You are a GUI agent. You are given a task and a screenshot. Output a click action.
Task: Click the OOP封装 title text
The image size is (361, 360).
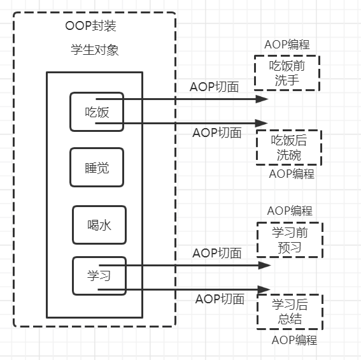90,27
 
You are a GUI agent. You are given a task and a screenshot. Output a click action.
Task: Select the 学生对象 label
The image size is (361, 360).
94,50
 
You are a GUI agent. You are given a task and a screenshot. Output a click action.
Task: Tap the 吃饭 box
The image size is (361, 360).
97,112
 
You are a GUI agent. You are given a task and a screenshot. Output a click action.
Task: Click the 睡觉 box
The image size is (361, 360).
96,168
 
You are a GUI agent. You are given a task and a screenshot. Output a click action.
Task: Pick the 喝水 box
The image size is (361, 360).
99,225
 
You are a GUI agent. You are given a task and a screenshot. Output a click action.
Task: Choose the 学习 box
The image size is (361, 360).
99,276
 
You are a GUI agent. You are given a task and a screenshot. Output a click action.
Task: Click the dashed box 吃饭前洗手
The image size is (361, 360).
287,73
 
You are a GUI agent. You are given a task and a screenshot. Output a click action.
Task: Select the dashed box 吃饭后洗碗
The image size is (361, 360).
289,147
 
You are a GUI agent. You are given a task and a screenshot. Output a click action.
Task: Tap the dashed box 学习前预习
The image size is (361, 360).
290,240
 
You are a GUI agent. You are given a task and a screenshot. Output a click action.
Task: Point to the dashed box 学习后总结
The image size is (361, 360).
290,311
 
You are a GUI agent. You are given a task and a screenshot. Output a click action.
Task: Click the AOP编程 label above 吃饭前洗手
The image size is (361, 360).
287,45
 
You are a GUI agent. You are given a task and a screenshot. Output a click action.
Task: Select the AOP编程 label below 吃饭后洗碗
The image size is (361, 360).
292,174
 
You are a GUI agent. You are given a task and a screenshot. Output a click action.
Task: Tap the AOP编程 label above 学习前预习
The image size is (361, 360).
290,211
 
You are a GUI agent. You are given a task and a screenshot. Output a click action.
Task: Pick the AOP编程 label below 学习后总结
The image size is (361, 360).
294,340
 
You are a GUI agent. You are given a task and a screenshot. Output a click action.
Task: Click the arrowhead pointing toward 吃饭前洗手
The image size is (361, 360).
262,99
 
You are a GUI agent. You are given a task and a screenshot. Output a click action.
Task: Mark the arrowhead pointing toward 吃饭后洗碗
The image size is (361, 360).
262,123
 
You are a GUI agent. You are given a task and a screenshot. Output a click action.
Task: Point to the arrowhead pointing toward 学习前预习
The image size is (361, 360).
264,265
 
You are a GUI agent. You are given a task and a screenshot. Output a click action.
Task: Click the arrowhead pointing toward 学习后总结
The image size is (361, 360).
264,289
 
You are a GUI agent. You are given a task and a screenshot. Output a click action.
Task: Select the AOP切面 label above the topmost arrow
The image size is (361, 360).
215,87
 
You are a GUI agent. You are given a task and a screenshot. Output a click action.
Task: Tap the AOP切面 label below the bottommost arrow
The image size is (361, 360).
220,299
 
